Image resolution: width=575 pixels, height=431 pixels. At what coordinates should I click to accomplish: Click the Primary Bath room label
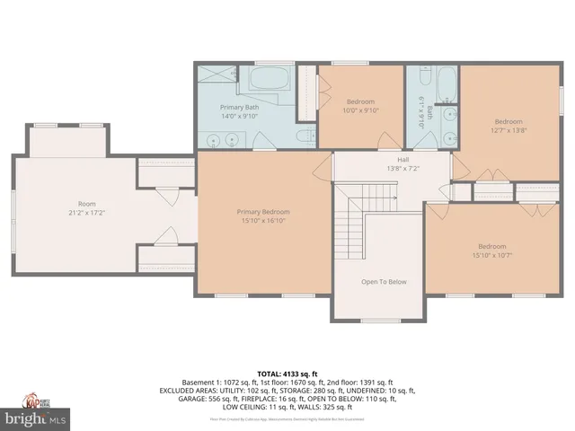[239, 107]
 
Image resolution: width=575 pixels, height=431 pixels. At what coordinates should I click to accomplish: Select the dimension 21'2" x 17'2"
[86, 212]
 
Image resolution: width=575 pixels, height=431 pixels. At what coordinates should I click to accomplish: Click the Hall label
[391, 159]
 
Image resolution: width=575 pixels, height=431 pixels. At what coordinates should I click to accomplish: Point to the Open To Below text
[384, 282]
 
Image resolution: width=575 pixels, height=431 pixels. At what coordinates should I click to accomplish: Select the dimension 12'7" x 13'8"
[509, 131]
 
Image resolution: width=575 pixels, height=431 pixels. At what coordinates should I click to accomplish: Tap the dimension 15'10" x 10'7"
[491, 256]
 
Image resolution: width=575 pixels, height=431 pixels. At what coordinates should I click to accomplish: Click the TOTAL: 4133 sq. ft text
[288, 373]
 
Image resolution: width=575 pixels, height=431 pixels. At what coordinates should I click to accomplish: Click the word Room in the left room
[86, 203]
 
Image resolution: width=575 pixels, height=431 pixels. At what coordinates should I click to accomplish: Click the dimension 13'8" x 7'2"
[391, 168]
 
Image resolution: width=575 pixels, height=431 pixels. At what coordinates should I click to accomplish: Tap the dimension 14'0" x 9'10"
[239, 116]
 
